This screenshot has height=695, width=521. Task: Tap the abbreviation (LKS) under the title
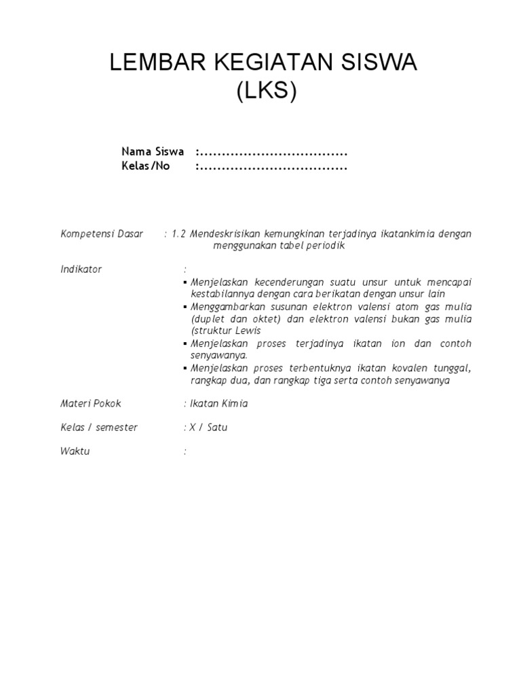267,92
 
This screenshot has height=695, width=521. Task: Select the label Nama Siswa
153,151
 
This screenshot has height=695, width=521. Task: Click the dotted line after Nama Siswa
273,151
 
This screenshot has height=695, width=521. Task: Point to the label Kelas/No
145,166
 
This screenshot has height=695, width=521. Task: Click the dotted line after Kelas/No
273,166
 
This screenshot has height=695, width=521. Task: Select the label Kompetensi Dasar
102,234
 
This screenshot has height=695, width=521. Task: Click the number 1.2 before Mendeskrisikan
178,234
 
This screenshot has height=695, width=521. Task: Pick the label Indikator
81,269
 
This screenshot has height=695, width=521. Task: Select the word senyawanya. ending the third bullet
219,355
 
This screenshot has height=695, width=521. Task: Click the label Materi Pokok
91,404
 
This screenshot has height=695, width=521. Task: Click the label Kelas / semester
98,428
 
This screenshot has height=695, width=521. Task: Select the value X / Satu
207,428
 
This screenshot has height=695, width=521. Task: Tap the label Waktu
75,451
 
